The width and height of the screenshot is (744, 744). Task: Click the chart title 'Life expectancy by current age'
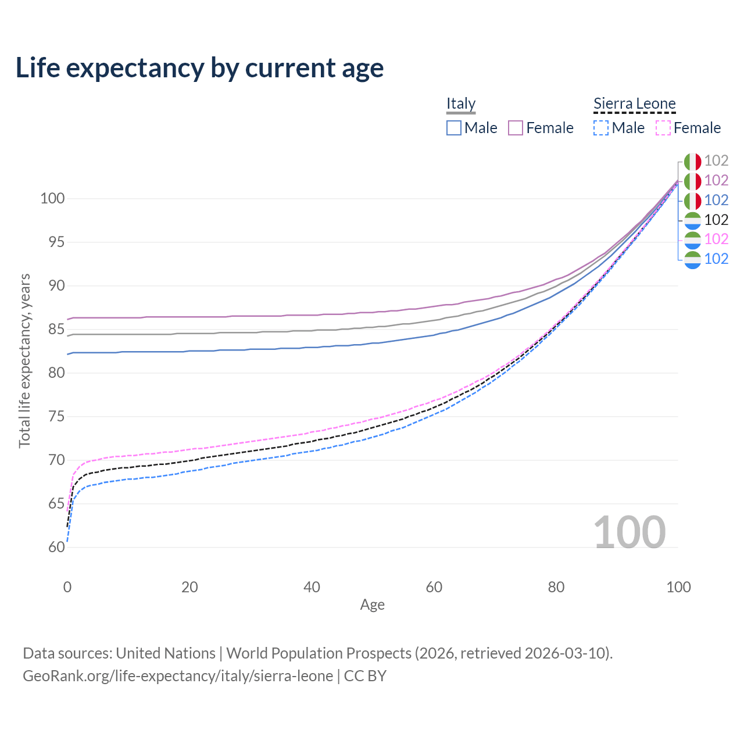(199, 68)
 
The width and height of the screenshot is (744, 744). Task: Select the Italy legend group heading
(461, 103)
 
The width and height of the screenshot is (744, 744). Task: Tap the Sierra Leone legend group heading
(634, 103)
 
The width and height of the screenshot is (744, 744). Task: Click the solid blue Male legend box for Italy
(454, 128)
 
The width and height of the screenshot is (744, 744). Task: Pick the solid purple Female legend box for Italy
(516, 128)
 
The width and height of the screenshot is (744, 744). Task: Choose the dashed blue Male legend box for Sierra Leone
(601, 128)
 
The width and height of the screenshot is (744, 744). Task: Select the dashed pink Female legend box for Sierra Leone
(663, 128)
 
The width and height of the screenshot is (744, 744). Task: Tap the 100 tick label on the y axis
(52, 199)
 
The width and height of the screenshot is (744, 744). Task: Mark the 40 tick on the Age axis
(312, 587)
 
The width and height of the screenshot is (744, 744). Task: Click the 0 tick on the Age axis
(67, 587)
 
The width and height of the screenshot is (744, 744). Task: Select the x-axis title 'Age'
(372, 605)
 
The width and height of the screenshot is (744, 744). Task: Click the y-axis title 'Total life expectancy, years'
(24, 360)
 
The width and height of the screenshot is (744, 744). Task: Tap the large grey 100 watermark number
(629, 532)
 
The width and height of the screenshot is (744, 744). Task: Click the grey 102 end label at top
(716, 161)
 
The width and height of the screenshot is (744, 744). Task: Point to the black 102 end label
(716, 220)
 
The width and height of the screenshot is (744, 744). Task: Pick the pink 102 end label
(716, 239)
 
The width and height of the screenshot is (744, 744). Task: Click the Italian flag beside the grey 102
(692, 162)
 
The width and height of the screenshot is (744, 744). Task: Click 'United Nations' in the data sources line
(166, 653)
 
